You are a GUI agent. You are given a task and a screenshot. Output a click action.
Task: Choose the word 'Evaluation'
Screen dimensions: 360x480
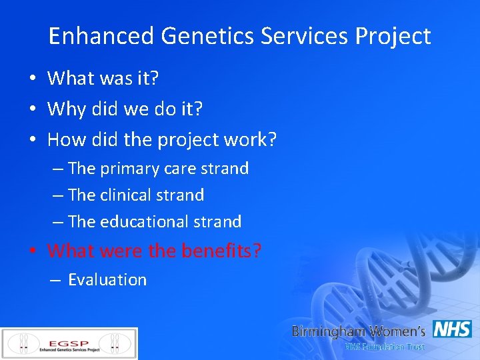click(x=107, y=280)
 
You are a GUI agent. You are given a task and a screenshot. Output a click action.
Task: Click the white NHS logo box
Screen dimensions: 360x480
click(x=452, y=329)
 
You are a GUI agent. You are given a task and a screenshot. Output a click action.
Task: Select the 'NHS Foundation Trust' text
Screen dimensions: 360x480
click(x=384, y=347)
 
